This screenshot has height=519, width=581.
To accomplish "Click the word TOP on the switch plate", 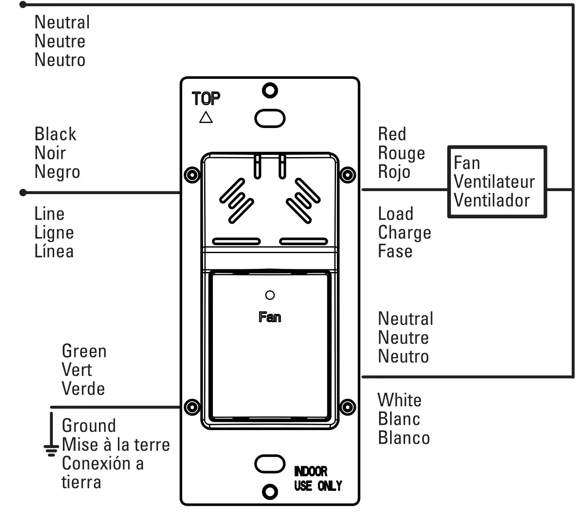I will tap(206, 99).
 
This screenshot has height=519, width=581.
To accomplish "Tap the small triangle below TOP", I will tap(206, 118).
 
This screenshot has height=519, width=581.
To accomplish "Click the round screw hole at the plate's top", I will tap(270, 91).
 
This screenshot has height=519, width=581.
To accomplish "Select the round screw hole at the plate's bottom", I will tap(270, 491).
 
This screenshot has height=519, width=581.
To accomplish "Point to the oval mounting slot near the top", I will tap(270, 118).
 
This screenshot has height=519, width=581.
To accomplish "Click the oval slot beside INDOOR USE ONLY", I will tap(270, 464).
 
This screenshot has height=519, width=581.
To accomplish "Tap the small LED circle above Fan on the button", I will tap(270, 295).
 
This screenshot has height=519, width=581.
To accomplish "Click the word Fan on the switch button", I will tap(270, 317).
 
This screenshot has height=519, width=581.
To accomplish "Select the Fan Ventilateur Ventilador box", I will tap(497, 182).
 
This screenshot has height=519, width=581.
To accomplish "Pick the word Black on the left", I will tap(55, 134).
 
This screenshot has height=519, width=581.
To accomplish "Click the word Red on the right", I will tap(392, 134).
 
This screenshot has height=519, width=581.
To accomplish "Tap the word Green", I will tap(84, 351).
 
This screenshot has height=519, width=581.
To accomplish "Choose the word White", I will tap(399, 400).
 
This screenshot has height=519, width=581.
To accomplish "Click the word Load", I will tap(395, 214).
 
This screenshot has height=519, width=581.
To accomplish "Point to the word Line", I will tap(49, 214).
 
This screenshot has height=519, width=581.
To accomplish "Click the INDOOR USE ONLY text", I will tap(318, 479).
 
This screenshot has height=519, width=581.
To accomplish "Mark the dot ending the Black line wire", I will tap(23, 192).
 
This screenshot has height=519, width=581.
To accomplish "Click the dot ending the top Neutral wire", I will tap(23, 5).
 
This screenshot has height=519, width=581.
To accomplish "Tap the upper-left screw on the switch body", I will tap(192, 175).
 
